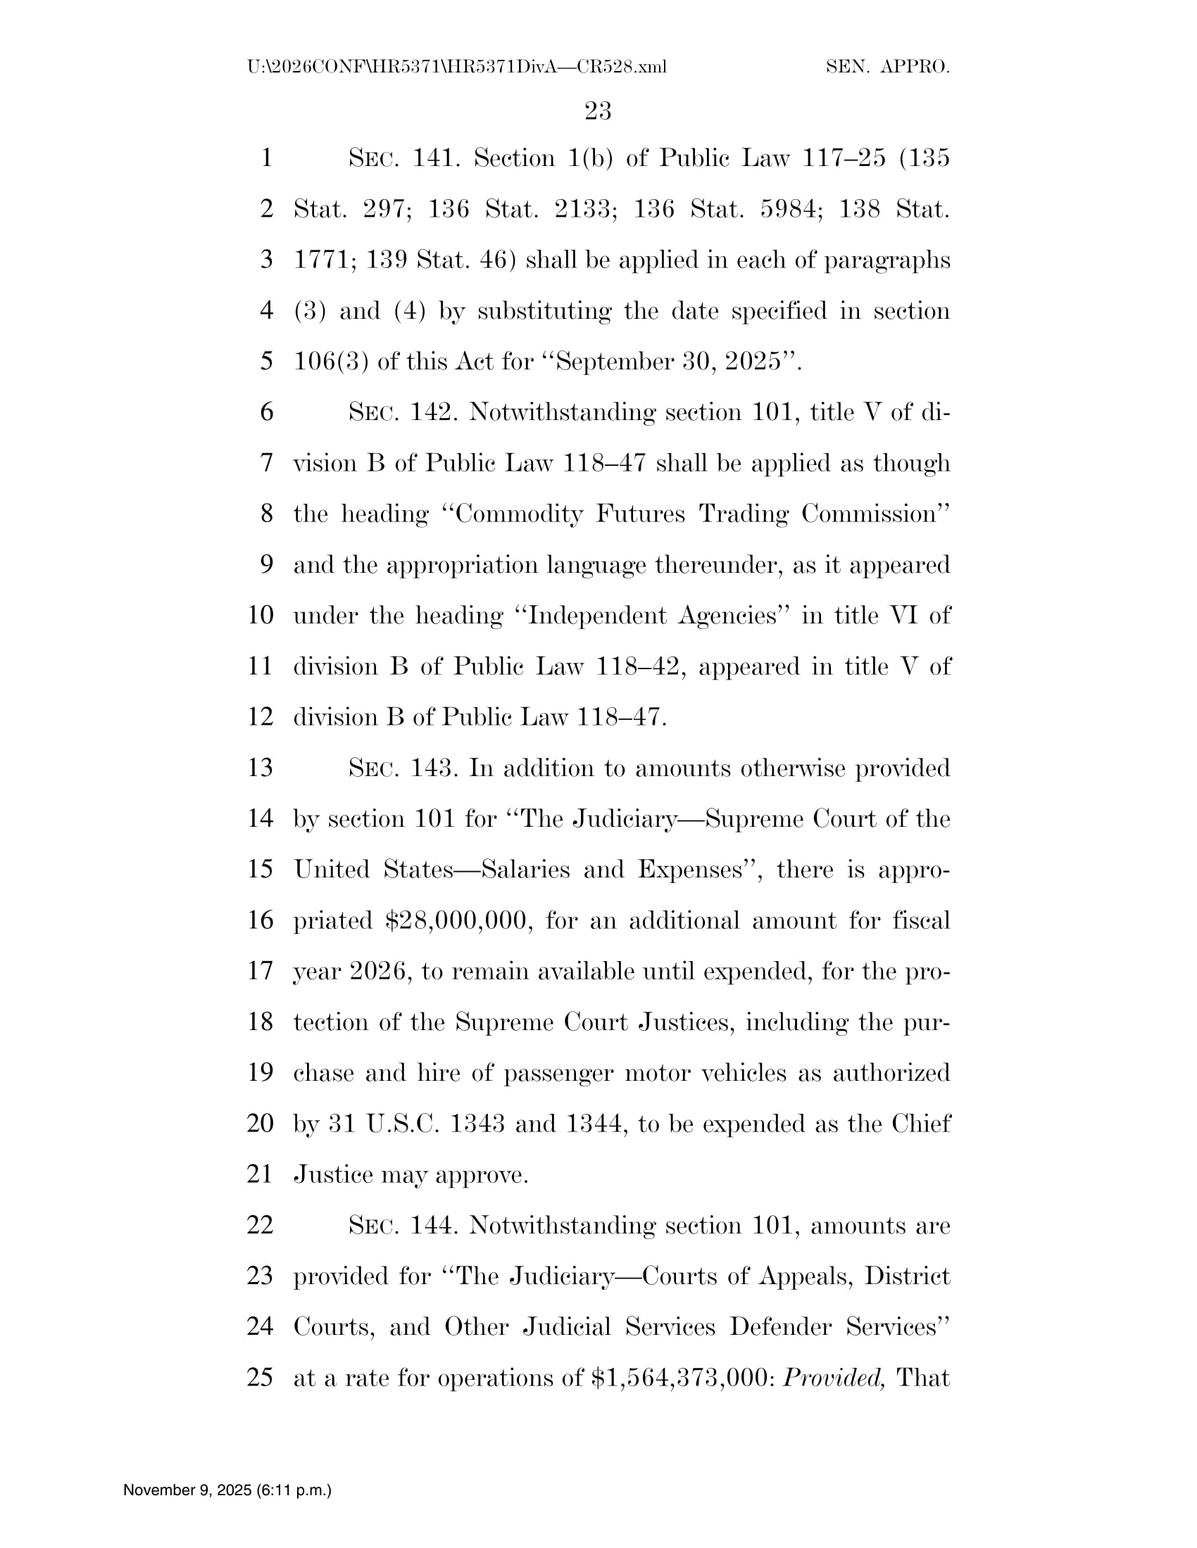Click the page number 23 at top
point(598,110)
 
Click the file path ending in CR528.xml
point(457,68)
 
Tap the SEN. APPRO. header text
point(887,68)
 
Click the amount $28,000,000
point(458,921)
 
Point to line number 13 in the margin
point(261,768)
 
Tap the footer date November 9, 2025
point(227,1489)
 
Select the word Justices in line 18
point(686,1022)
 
